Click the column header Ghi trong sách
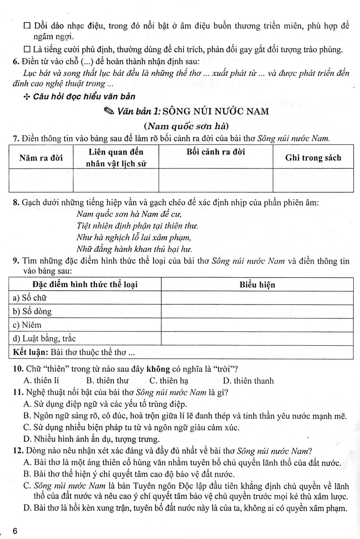tap(313, 158)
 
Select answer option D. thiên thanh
tap(248, 381)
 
